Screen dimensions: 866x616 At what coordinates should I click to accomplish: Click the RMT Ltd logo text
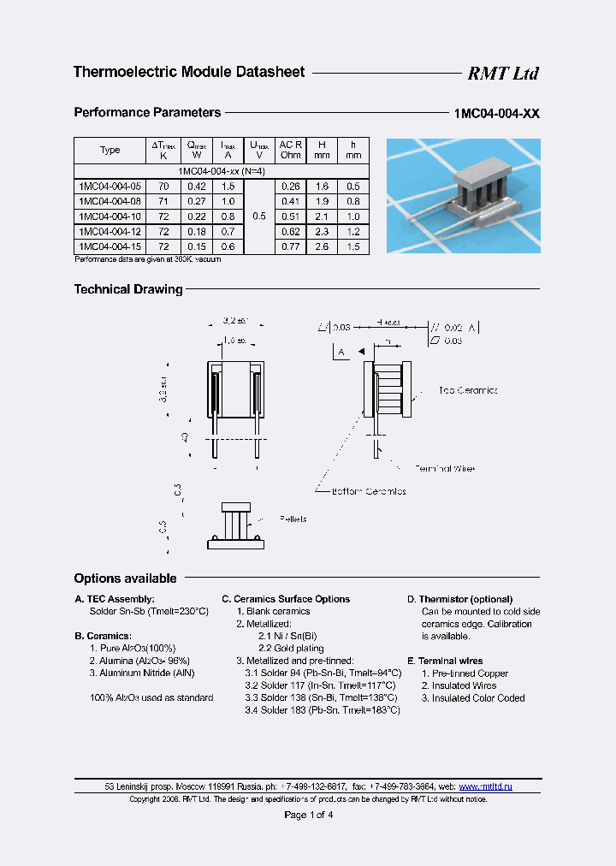point(502,74)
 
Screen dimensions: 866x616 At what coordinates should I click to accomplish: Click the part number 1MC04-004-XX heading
point(496,113)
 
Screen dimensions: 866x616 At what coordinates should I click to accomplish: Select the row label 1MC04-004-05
point(110,186)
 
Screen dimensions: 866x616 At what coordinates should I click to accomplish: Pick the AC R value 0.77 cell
point(291,246)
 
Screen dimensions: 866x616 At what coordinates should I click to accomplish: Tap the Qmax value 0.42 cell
point(197,186)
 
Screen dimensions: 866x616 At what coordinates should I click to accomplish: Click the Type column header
point(110,151)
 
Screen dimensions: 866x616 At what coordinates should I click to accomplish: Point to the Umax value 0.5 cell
point(258,216)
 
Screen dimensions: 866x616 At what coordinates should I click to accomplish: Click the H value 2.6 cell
point(322,246)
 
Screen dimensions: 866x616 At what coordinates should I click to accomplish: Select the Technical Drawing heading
point(128,289)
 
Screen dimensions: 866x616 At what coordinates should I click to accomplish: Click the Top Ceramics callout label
point(467,390)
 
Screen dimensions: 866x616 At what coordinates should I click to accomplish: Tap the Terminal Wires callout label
point(444,469)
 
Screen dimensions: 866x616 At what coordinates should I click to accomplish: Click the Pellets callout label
point(292,519)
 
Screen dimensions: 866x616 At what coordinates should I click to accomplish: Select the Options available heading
point(125,578)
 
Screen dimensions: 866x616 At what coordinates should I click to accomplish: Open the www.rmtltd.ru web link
point(486,786)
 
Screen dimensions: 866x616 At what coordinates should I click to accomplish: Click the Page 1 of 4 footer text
point(308,815)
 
